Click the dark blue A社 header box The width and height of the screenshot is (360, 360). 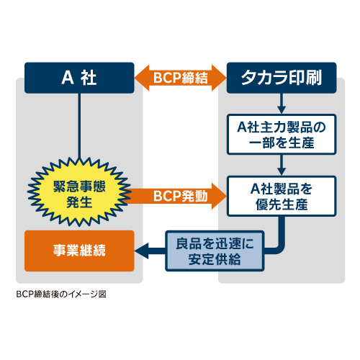pyautogui.click(x=79, y=78)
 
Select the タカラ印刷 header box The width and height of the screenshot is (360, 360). pyautogui.click(x=282, y=78)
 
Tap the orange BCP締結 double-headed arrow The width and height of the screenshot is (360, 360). pyautogui.click(x=181, y=78)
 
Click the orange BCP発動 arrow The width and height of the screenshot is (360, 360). pyautogui.click(x=178, y=196)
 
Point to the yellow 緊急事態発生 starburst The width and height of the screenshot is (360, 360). pyautogui.click(x=79, y=192)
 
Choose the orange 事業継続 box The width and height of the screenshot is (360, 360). pyautogui.click(x=79, y=251)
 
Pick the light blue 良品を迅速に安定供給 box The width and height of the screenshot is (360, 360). pyautogui.click(x=215, y=251)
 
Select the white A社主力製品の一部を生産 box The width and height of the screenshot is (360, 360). pyautogui.click(x=282, y=135)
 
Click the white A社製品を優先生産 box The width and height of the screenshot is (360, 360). pyautogui.click(x=282, y=197)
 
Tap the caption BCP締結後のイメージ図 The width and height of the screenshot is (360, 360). pyautogui.click(x=61, y=294)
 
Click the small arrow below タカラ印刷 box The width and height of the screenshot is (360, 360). pyautogui.click(x=282, y=104)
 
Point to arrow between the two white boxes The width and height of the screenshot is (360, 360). pyautogui.click(x=282, y=165)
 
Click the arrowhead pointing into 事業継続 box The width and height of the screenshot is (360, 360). pyautogui.click(x=142, y=251)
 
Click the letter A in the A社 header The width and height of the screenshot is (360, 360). pyautogui.click(x=68, y=78)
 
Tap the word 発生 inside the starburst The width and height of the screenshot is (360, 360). pyautogui.click(x=79, y=202)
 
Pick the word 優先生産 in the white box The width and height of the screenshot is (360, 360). pyautogui.click(x=282, y=204)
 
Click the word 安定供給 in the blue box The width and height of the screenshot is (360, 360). pyautogui.click(x=215, y=259)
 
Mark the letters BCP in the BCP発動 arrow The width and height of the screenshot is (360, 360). pyautogui.click(x=167, y=196)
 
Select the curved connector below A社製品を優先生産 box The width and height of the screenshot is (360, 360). pyautogui.click(x=279, y=243)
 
